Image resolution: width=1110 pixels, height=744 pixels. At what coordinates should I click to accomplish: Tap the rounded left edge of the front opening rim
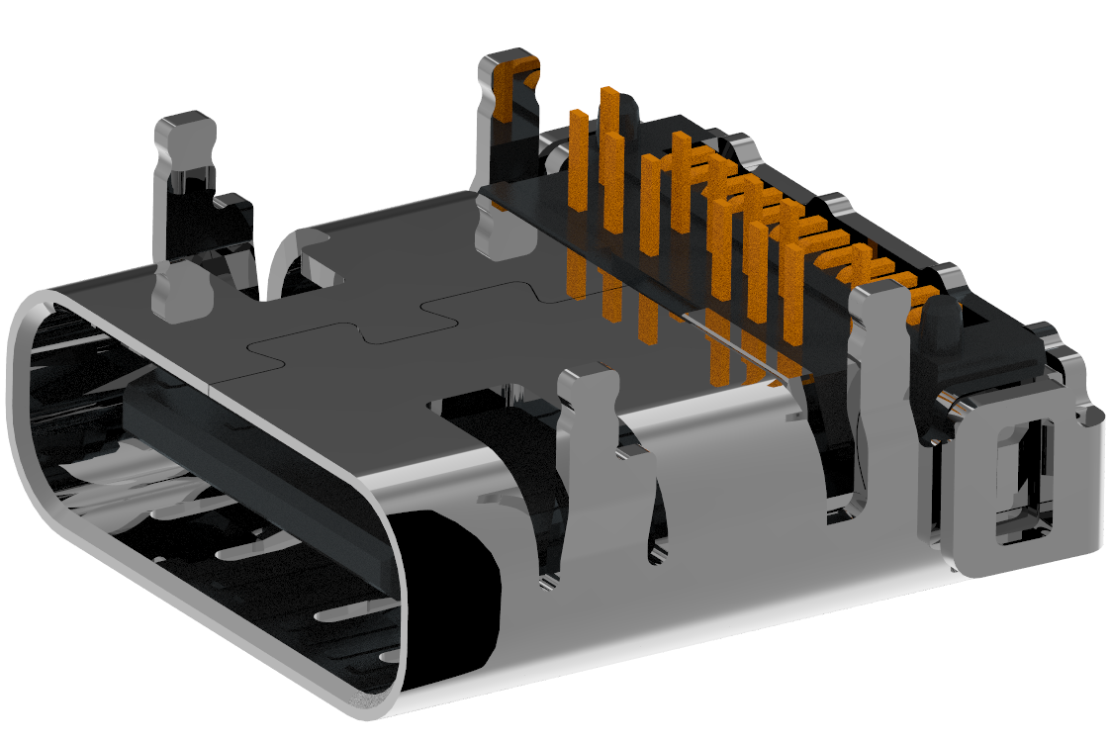(25, 396)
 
